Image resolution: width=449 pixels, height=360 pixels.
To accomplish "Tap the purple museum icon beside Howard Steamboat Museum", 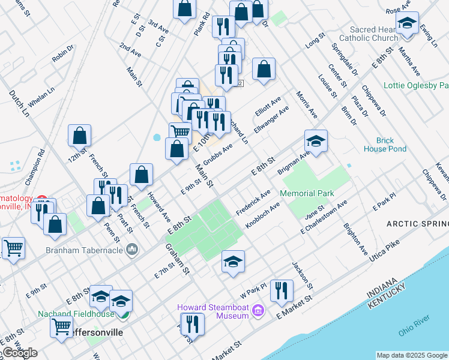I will point(258,310).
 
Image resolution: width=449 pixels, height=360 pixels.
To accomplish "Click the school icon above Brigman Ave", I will point(316,141).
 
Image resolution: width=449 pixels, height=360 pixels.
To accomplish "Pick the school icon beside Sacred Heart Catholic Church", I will point(407,24).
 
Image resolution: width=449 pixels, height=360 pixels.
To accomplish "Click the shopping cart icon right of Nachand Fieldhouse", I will point(61,328).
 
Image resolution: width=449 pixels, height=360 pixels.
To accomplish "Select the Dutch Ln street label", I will point(18,103).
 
